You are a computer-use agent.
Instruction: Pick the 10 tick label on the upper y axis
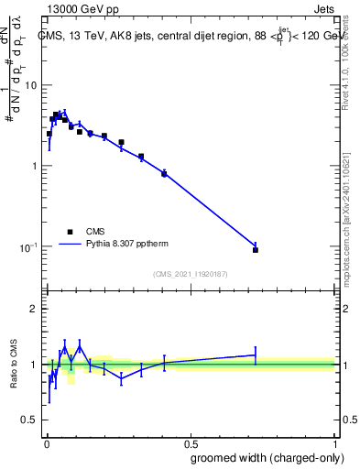(x=30, y=85)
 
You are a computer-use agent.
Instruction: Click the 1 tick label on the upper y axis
(x=34, y=166)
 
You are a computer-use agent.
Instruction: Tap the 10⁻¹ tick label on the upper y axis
(x=28, y=247)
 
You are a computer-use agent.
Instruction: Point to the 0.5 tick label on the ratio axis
(x=29, y=420)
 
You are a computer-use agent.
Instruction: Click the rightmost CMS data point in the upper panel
(x=256, y=249)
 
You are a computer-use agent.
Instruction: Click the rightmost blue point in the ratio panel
(x=256, y=354)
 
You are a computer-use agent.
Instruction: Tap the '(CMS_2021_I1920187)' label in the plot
(x=191, y=273)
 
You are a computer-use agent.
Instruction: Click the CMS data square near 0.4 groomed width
(x=164, y=173)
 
